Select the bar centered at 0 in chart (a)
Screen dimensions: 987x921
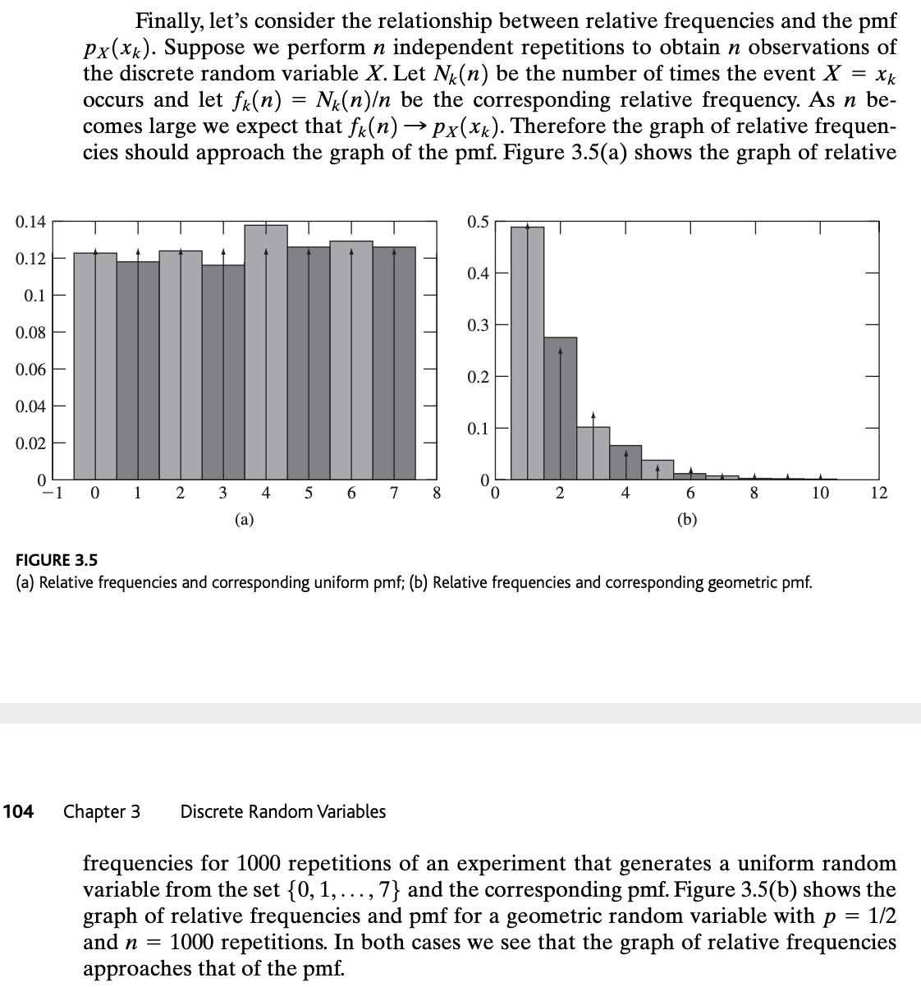(x=95, y=365)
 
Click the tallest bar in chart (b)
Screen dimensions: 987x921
(x=527, y=352)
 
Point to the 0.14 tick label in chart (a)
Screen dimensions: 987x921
(x=30, y=222)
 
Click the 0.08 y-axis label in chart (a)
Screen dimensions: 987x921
(x=30, y=333)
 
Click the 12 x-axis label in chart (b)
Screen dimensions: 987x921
(x=879, y=493)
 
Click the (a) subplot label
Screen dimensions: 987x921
(x=244, y=518)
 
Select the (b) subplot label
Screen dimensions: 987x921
(x=687, y=518)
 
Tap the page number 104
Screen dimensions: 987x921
(x=19, y=811)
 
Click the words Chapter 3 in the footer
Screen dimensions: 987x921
(x=102, y=811)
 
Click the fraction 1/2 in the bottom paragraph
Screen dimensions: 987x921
(x=881, y=916)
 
